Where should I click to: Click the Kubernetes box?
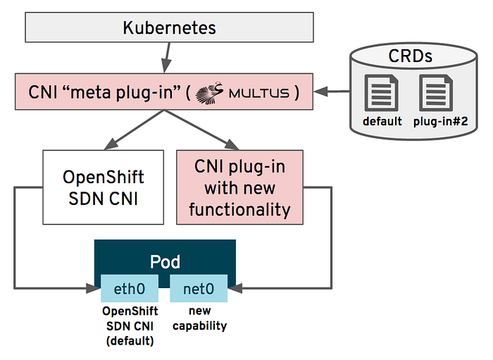coord(169,28)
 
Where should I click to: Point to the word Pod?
coord(166,261)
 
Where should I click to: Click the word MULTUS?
coord(263,92)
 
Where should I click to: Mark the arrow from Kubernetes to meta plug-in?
coord(167,53)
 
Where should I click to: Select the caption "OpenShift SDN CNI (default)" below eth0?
coord(131,325)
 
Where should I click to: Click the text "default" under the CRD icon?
coord(382,121)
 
